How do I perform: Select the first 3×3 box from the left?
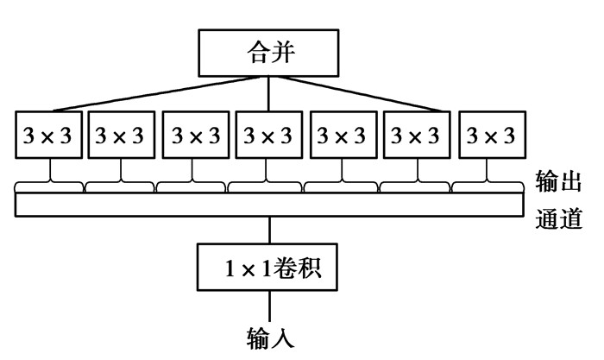tap(48, 136)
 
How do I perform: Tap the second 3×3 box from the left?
tap(121, 136)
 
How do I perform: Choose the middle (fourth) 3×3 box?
tap(269, 136)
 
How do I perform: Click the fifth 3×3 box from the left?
tap(343, 136)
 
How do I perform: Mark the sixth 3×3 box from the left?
tap(417, 136)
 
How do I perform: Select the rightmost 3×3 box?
tap(491, 136)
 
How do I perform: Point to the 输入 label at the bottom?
tap(271, 337)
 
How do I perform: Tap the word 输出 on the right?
tap(557, 182)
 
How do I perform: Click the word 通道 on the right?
tap(557, 216)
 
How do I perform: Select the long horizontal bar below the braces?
tap(269, 204)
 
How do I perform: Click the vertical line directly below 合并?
tap(270, 93)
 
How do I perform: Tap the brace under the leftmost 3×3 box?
tap(49, 184)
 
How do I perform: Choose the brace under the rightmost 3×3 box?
tap(488, 184)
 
